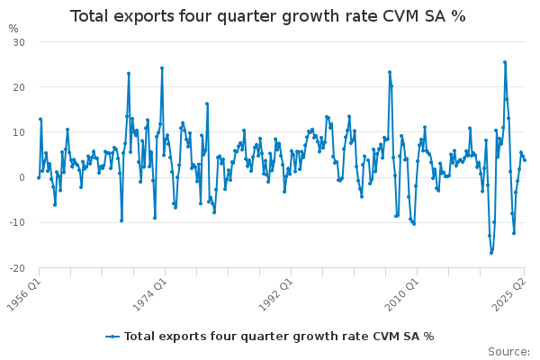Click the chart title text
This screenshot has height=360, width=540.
(x=268, y=16)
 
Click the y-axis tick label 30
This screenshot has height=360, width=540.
(x=18, y=42)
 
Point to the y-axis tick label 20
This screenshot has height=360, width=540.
(x=18, y=87)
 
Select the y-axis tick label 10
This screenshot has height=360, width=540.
(x=18, y=132)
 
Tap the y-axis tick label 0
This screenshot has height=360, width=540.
(x=21, y=177)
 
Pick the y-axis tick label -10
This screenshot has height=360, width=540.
(x=16, y=222)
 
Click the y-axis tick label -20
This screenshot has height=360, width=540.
(x=16, y=267)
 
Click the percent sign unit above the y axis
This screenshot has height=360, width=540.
(x=13, y=28)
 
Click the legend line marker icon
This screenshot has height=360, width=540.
(x=112, y=337)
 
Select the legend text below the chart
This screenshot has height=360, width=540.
(x=279, y=337)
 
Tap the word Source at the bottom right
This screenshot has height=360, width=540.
(x=509, y=351)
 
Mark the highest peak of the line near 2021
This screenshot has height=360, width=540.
(x=505, y=62)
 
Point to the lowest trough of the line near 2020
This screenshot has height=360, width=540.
(x=491, y=253)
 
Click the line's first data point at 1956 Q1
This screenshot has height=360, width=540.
(x=38, y=177)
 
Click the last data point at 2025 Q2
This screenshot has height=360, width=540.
(x=525, y=159)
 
